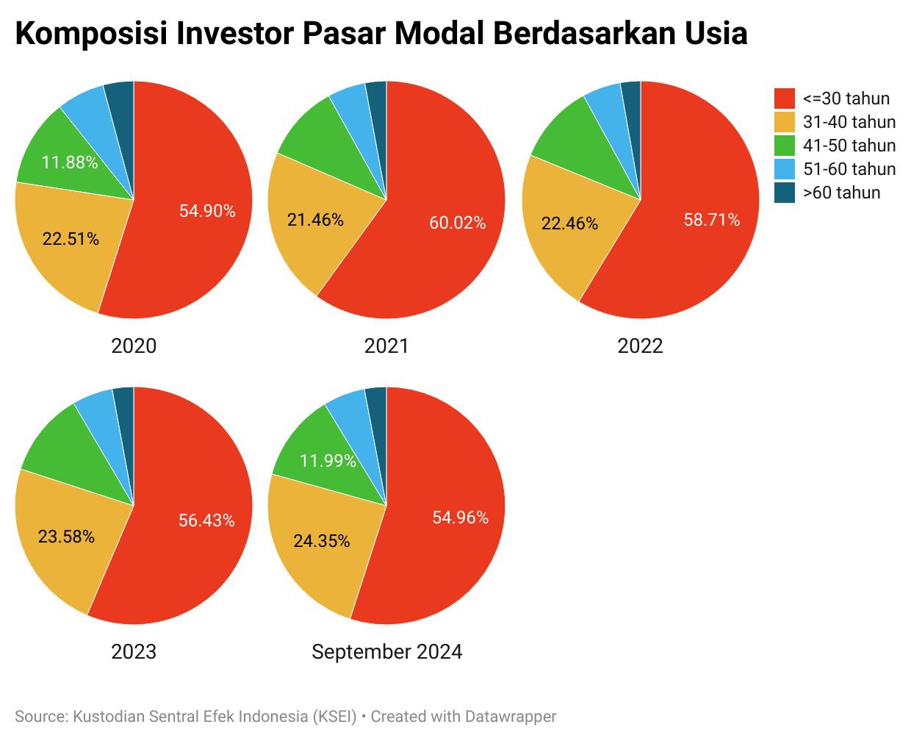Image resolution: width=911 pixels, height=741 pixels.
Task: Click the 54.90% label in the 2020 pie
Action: [207, 211]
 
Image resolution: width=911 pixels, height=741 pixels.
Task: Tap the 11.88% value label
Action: [70, 162]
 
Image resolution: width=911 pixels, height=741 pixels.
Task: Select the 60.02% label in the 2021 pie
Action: [458, 223]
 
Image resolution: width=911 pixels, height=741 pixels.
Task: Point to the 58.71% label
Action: [712, 220]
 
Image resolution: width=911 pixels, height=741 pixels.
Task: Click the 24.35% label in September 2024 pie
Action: [322, 541]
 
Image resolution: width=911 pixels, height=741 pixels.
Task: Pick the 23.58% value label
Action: [66, 537]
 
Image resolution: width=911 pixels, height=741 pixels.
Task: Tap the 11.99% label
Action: [328, 461]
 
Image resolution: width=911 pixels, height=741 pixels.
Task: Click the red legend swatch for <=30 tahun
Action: [785, 99]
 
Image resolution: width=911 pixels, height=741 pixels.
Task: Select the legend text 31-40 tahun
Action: [849, 122]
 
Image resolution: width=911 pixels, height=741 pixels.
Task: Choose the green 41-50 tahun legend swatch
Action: [785, 146]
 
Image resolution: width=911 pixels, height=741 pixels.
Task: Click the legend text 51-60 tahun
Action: [849, 169]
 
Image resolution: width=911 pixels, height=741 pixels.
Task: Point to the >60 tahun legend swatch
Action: [785, 193]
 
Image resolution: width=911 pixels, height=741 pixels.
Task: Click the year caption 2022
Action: [640, 346]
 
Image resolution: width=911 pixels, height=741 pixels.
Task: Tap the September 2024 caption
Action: [387, 652]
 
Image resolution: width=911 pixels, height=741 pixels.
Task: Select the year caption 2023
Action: [134, 652]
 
